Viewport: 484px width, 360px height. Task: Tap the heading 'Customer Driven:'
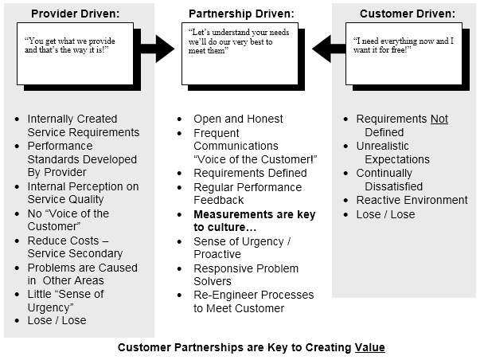(407, 14)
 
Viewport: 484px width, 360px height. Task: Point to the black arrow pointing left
(327, 48)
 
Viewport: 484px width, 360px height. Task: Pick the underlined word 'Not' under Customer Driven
(439, 119)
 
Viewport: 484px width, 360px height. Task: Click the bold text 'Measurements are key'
(255, 214)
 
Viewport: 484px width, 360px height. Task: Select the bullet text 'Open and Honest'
(238, 119)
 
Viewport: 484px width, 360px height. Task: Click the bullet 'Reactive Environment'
(412, 201)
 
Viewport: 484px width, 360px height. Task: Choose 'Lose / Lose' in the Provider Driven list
(57, 321)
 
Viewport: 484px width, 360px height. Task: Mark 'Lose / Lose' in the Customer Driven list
(385, 214)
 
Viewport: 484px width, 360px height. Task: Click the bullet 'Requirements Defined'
(250, 173)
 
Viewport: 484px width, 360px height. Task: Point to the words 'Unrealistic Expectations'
(393, 153)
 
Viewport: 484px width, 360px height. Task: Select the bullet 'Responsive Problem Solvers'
(246, 275)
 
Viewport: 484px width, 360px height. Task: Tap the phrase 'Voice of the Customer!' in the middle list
(256, 159)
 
